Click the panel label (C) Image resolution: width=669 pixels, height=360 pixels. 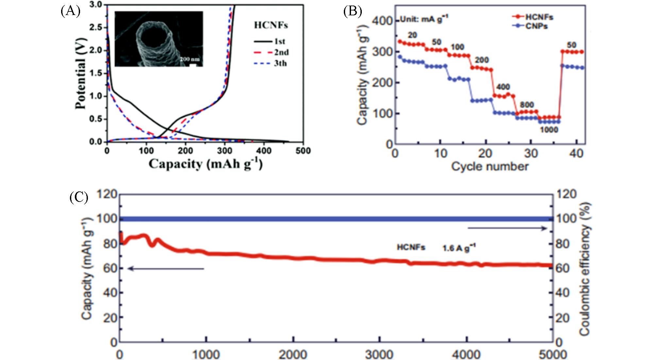coord(79,197)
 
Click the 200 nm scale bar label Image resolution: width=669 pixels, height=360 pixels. coord(190,59)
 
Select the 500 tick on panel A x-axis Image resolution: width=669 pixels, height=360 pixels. coord(303,151)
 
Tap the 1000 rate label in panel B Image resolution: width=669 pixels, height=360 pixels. coord(548,130)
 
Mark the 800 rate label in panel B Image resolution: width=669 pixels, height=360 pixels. coord(527,105)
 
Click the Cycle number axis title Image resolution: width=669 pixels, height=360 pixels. coord(490,166)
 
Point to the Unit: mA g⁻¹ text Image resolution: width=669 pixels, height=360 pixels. coord(424,20)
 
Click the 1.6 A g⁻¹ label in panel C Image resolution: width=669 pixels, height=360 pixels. coord(459,248)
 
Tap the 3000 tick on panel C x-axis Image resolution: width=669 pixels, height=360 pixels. coord(379,354)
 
